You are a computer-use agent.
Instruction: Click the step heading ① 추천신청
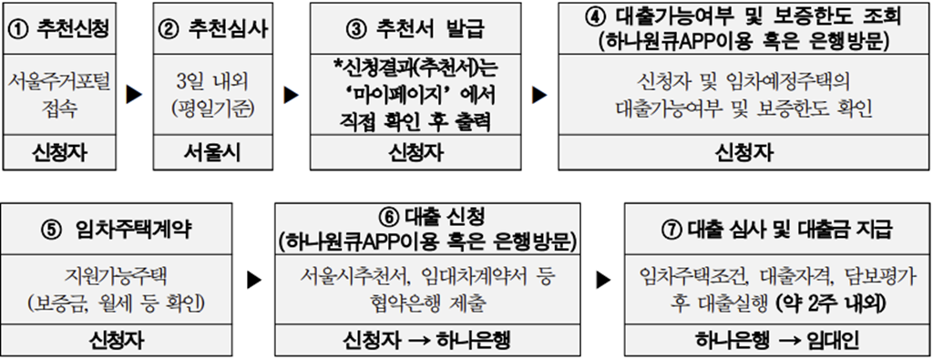pyautogui.click(x=59, y=29)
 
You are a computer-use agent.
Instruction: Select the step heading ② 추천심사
pyautogui.click(x=210, y=29)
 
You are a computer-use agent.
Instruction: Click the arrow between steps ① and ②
pyautogui.click(x=135, y=95)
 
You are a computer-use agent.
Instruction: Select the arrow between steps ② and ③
pyautogui.click(x=292, y=95)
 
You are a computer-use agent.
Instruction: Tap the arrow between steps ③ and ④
pyautogui.click(x=540, y=95)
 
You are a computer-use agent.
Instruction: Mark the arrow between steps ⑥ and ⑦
pyautogui.click(x=604, y=279)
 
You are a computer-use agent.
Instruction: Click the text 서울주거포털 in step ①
pyautogui.click(x=59, y=83)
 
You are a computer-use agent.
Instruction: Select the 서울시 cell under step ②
pyautogui.click(x=211, y=153)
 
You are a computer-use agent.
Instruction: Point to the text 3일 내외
pyautogui.click(x=211, y=83)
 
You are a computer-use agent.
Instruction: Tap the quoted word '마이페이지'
pyautogui.click(x=402, y=95)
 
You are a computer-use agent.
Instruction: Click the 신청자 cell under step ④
pyautogui.click(x=743, y=153)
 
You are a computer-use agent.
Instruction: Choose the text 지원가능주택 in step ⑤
pyautogui.click(x=117, y=277)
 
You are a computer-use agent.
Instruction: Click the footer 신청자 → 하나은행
pyautogui.click(x=426, y=340)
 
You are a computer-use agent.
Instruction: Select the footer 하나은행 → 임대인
pyautogui.click(x=777, y=340)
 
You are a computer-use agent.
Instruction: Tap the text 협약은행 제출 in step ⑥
pyautogui.click(x=428, y=304)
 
